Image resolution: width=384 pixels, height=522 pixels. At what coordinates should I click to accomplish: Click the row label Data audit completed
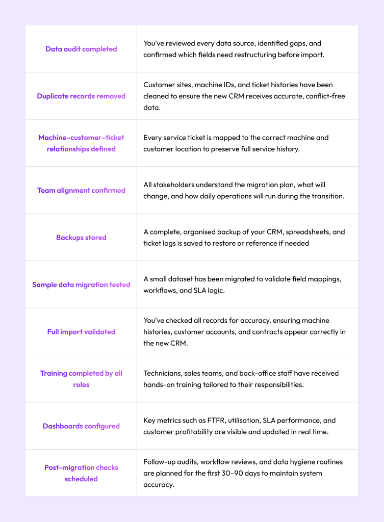pos(81,49)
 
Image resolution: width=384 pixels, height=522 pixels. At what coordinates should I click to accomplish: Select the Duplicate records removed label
pos(81,96)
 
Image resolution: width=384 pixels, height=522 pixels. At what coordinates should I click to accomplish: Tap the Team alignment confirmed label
pos(81,190)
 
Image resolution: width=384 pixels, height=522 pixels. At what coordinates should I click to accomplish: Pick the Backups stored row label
pos(81,238)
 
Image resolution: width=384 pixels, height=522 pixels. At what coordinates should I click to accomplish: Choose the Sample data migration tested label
pos(81,284)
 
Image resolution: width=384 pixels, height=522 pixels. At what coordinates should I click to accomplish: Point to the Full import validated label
pos(81,332)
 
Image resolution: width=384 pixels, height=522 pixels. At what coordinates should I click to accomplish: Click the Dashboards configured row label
pos(81,426)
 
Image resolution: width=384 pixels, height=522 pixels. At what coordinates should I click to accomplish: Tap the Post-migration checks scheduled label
pos(81,473)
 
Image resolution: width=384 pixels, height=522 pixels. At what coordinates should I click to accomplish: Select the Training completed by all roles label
pos(81,379)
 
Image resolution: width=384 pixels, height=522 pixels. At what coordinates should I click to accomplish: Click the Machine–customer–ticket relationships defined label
pos(81,143)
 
